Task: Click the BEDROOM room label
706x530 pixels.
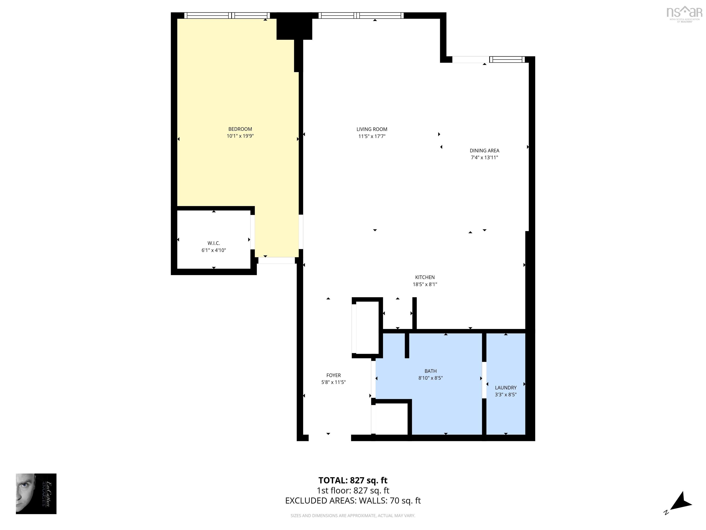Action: (x=240, y=129)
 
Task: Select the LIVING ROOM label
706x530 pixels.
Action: (x=372, y=129)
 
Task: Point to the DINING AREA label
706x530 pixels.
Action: (x=484, y=150)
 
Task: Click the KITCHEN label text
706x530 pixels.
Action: (x=425, y=277)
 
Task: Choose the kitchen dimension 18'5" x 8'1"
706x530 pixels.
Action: (x=425, y=284)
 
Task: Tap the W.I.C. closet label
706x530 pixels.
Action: (x=214, y=243)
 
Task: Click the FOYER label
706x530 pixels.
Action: (x=333, y=375)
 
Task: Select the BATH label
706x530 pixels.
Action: (x=430, y=371)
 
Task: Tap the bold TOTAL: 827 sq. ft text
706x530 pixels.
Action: (x=353, y=480)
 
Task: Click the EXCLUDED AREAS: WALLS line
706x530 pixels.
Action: (x=353, y=501)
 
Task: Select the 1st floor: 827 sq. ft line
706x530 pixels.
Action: (x=353, y=490)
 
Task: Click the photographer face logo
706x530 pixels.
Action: (x=36, y=494)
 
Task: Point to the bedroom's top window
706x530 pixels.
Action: (x=227, y=15)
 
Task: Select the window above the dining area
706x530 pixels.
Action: (x=507, y=59)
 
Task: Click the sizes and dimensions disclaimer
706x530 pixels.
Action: (x=353, y=516)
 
